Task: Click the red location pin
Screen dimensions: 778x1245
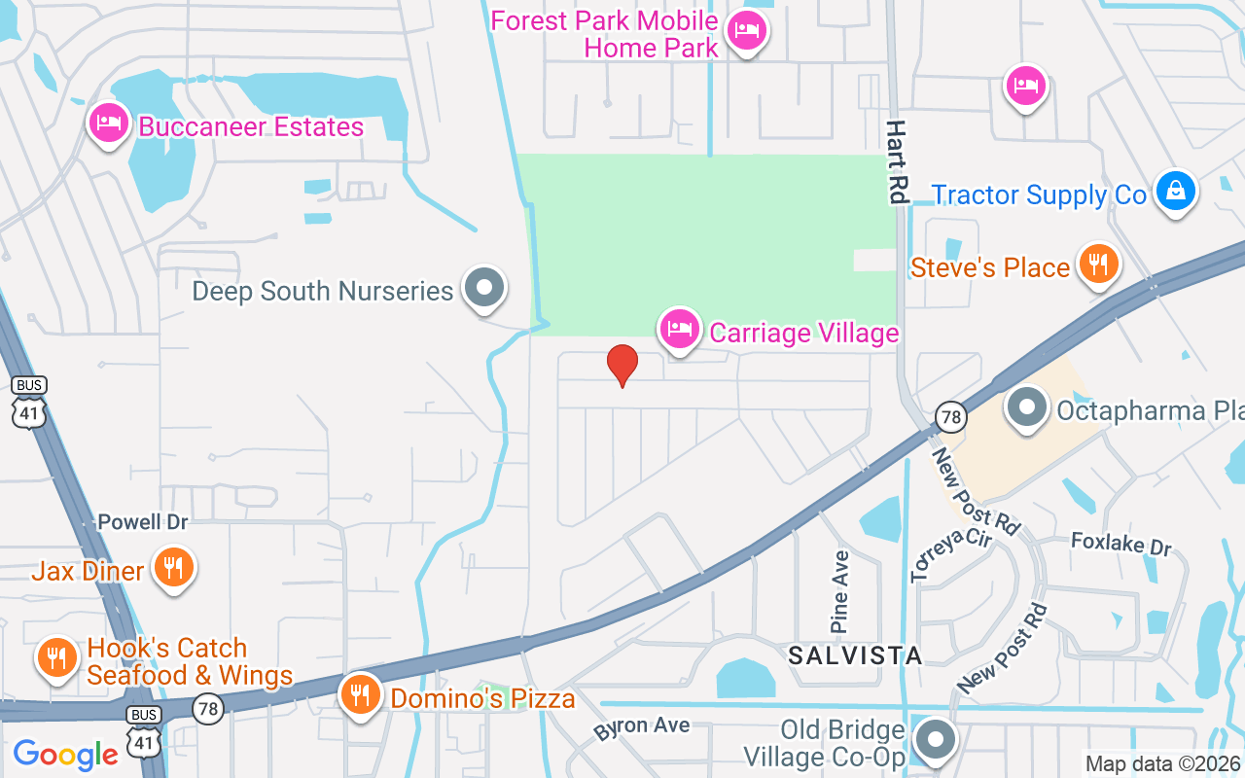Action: click(622, 366)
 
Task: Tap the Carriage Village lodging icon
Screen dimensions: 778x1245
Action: click(680, 330)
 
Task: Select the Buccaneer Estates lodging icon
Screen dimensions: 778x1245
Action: click(108, 124)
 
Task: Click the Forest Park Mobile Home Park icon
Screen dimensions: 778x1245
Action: click(746, 32)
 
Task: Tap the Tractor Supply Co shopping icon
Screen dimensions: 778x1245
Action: click(1175, 192)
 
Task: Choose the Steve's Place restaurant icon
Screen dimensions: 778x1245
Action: click(1098, 265)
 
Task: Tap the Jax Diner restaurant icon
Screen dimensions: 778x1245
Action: click(174, 568)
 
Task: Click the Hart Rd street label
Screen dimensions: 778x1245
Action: click(897, 162)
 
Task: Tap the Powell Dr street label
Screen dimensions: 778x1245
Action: click(143, 522)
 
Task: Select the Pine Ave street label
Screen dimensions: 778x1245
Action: click(840, 591)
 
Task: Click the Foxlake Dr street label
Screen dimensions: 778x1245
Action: click(1121, 544)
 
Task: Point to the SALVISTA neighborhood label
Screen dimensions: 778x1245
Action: click(855, 655)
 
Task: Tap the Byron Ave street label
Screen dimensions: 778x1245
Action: click(642, 727)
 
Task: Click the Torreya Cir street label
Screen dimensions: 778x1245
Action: click(950, 555)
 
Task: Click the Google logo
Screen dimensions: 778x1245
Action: click(66, 755)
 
